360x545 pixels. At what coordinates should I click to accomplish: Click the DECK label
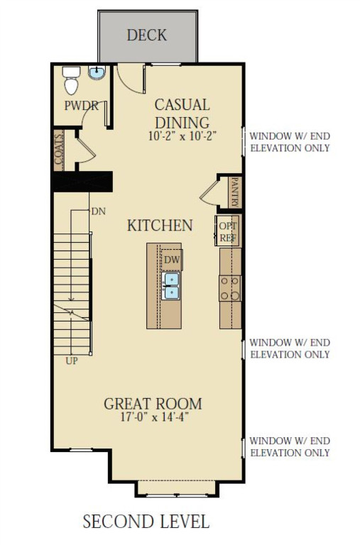(x=146, y=35)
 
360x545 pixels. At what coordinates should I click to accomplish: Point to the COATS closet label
(x=59, y=149)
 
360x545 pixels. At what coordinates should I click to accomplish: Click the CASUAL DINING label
(x=182, y=113)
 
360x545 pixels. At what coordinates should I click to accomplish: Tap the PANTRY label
(x=235, y=192)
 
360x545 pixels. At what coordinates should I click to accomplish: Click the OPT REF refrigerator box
(x=227, y=231)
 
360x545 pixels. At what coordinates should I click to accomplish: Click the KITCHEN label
(x=160, y=226)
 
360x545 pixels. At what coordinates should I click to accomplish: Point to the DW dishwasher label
(x=172, y=260)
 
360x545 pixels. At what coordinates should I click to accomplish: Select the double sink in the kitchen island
(x=171, y=286)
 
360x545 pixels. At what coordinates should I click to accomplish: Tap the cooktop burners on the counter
(x=229, y=287)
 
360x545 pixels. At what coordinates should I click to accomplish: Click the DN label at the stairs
(x=99, y=211)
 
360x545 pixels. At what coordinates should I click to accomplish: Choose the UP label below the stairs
(x=72, y=360)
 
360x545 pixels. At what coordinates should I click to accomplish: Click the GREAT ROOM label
(x=153, y=404)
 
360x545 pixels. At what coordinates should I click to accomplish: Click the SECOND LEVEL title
(x=146, y=522)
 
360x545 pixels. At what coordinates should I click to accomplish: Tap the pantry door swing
(x=209, y=192)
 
